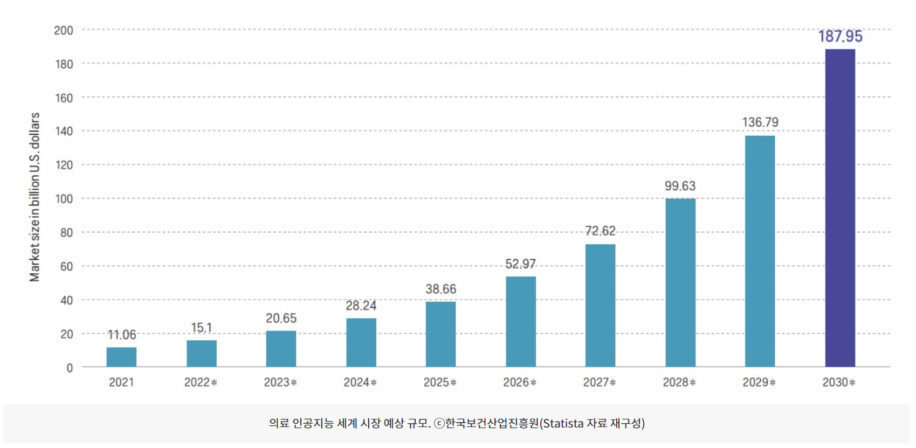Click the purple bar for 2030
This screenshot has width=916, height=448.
[839, 208]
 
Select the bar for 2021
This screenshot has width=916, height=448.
[121, 357]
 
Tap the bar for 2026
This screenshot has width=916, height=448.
[521, 322]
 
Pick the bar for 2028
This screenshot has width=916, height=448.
[680, 282]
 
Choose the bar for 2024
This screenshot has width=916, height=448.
[361, 342]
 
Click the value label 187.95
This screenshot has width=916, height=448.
[840, 37]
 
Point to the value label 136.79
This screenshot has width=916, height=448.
[760, 122]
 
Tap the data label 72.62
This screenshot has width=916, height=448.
[600, 231]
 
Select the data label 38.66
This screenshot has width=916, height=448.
[440, 289]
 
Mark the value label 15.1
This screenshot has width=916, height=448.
[202, 328]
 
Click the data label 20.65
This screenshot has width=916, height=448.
[281, 318]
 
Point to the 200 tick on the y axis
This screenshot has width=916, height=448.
[64, 31]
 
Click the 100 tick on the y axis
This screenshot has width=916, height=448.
[64, 199]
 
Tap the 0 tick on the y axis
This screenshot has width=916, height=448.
[70, 368]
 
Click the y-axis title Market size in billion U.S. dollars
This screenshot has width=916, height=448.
[35, 197]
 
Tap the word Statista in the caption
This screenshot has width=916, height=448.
[563, 424]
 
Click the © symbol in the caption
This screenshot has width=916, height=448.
[439, 424]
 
